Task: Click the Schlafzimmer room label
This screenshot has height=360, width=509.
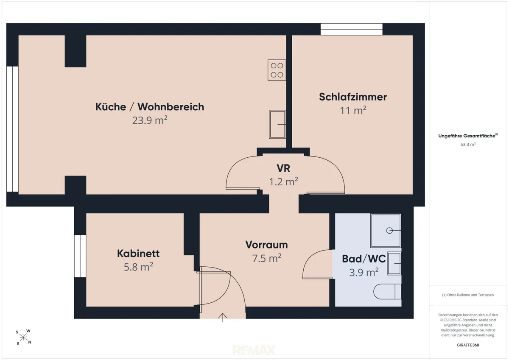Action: point(352,97)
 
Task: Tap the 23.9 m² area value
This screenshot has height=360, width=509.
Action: point(150,120)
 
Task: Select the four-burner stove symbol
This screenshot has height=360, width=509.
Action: point(277,70)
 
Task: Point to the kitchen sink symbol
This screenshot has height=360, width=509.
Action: point(277,124)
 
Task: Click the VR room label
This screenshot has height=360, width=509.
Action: point(283,168)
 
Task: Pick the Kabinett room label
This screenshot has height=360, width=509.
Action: point(138,254)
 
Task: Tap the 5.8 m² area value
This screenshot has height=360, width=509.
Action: point(138,267)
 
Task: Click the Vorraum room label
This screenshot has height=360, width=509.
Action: point(266,245)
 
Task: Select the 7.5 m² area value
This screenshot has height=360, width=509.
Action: point(266,258)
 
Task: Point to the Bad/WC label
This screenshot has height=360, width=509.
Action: point(364,259)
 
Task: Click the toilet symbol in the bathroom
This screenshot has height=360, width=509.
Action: point(387,291)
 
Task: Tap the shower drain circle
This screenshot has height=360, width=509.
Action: point(389,231)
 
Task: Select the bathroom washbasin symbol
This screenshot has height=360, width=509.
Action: point(394,263)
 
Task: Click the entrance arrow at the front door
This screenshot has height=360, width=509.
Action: point(223,318)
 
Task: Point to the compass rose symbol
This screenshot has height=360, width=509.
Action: point(23,337)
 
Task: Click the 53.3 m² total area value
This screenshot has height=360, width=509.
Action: point(468,144)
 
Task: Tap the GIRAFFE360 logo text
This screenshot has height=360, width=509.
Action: point(468,345)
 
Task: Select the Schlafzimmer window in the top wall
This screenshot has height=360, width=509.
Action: point(352,29)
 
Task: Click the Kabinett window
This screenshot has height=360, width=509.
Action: point(80,256)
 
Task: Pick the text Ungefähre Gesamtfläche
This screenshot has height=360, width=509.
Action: point(467,136)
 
